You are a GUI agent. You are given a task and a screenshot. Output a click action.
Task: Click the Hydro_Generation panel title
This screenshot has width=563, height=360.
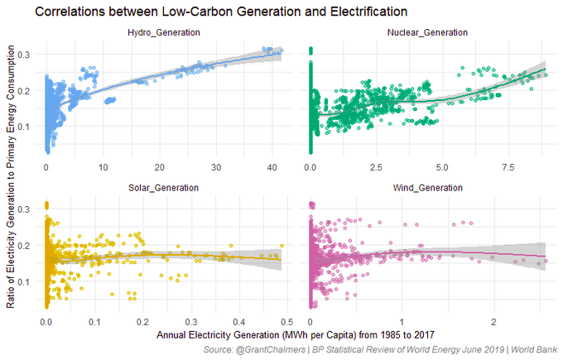pos(163,32)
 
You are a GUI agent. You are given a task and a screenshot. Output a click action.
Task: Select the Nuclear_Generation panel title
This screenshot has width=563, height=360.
pos(427,32)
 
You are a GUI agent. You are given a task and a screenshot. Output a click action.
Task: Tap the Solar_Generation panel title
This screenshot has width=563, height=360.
pos(163,188)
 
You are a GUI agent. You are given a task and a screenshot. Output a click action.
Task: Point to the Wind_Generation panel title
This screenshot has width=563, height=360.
pos(427,188)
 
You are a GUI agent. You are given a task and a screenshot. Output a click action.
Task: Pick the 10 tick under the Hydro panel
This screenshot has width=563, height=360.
pos(103,167)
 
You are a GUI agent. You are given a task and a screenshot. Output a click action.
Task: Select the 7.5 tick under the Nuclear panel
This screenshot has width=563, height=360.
pos(508,167)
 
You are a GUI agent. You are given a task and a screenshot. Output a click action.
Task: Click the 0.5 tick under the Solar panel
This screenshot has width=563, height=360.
pos(286,323)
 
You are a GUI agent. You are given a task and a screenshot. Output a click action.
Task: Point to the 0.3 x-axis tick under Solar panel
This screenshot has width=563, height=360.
pos(190,323)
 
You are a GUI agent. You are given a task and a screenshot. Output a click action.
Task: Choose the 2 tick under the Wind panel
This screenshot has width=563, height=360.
pos(493,323)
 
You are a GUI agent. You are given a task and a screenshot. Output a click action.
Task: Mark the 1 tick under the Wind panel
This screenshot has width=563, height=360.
pos(402,323)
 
